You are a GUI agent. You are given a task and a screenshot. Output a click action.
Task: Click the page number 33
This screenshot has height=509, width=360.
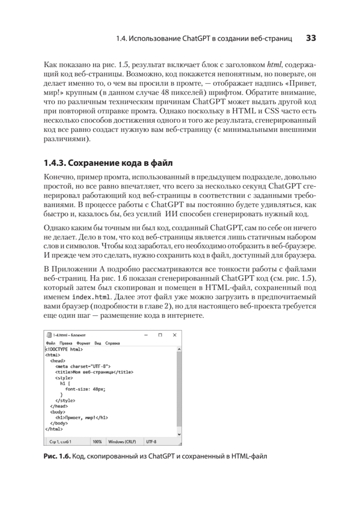[311, 39]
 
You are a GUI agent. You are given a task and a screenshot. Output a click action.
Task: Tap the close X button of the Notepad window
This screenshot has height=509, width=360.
[174, 335]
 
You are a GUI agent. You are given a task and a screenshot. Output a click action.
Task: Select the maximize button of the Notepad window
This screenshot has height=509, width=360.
[160, 335]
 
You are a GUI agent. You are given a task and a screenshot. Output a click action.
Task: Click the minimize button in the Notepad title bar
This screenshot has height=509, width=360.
[146, 335]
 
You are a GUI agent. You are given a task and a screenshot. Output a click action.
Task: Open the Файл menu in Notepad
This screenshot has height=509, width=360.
[50, 343]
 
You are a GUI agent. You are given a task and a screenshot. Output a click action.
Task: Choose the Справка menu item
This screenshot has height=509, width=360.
[112, 343]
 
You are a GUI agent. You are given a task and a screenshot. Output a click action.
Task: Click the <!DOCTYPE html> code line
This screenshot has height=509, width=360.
[64, 349]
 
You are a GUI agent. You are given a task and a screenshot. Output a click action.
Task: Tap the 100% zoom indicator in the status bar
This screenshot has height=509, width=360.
[97, 441]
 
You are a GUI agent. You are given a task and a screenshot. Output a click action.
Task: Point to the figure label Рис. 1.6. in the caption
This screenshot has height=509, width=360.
[57, 456]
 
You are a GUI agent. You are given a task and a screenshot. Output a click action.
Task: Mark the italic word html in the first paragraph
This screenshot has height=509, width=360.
[274, 64]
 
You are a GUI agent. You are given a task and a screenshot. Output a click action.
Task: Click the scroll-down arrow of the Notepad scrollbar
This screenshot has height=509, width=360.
[179, 434]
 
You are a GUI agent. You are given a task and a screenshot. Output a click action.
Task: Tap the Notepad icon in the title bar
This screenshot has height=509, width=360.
[49, 335]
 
